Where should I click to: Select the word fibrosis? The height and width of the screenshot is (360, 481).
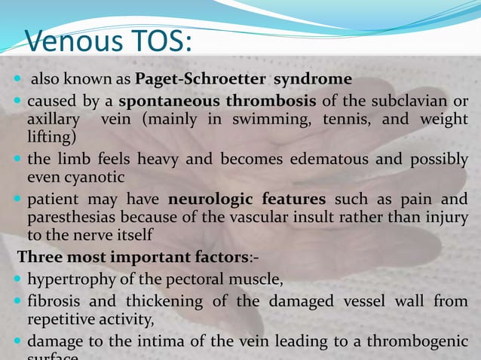click(x=51, y=302)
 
